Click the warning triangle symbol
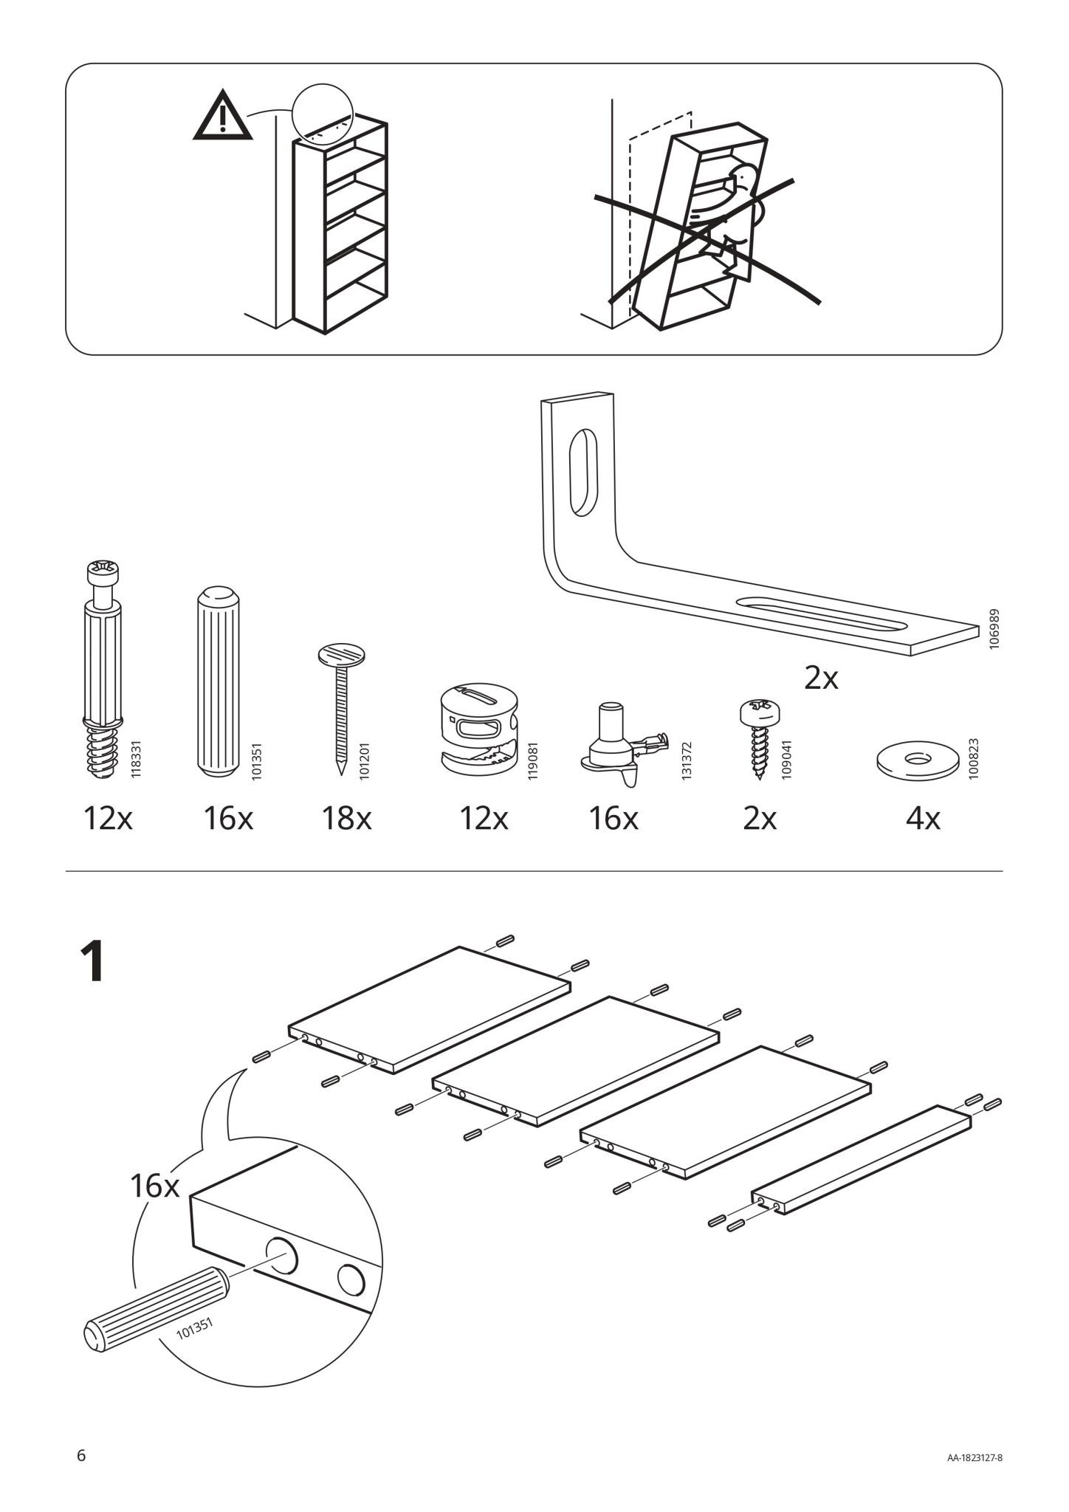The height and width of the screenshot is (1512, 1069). [x=221, y=117]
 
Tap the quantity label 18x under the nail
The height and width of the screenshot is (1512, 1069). [x=346, y=819]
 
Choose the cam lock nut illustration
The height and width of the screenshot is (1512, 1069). [x=478, y=729]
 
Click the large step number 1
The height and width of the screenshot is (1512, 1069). [x=93, y=962]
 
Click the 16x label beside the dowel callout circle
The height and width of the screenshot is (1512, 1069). [x=155, y=1186]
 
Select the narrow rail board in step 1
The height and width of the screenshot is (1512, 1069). [x=861, y=1160]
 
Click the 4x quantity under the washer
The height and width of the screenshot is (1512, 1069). [x=922, y=819]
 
